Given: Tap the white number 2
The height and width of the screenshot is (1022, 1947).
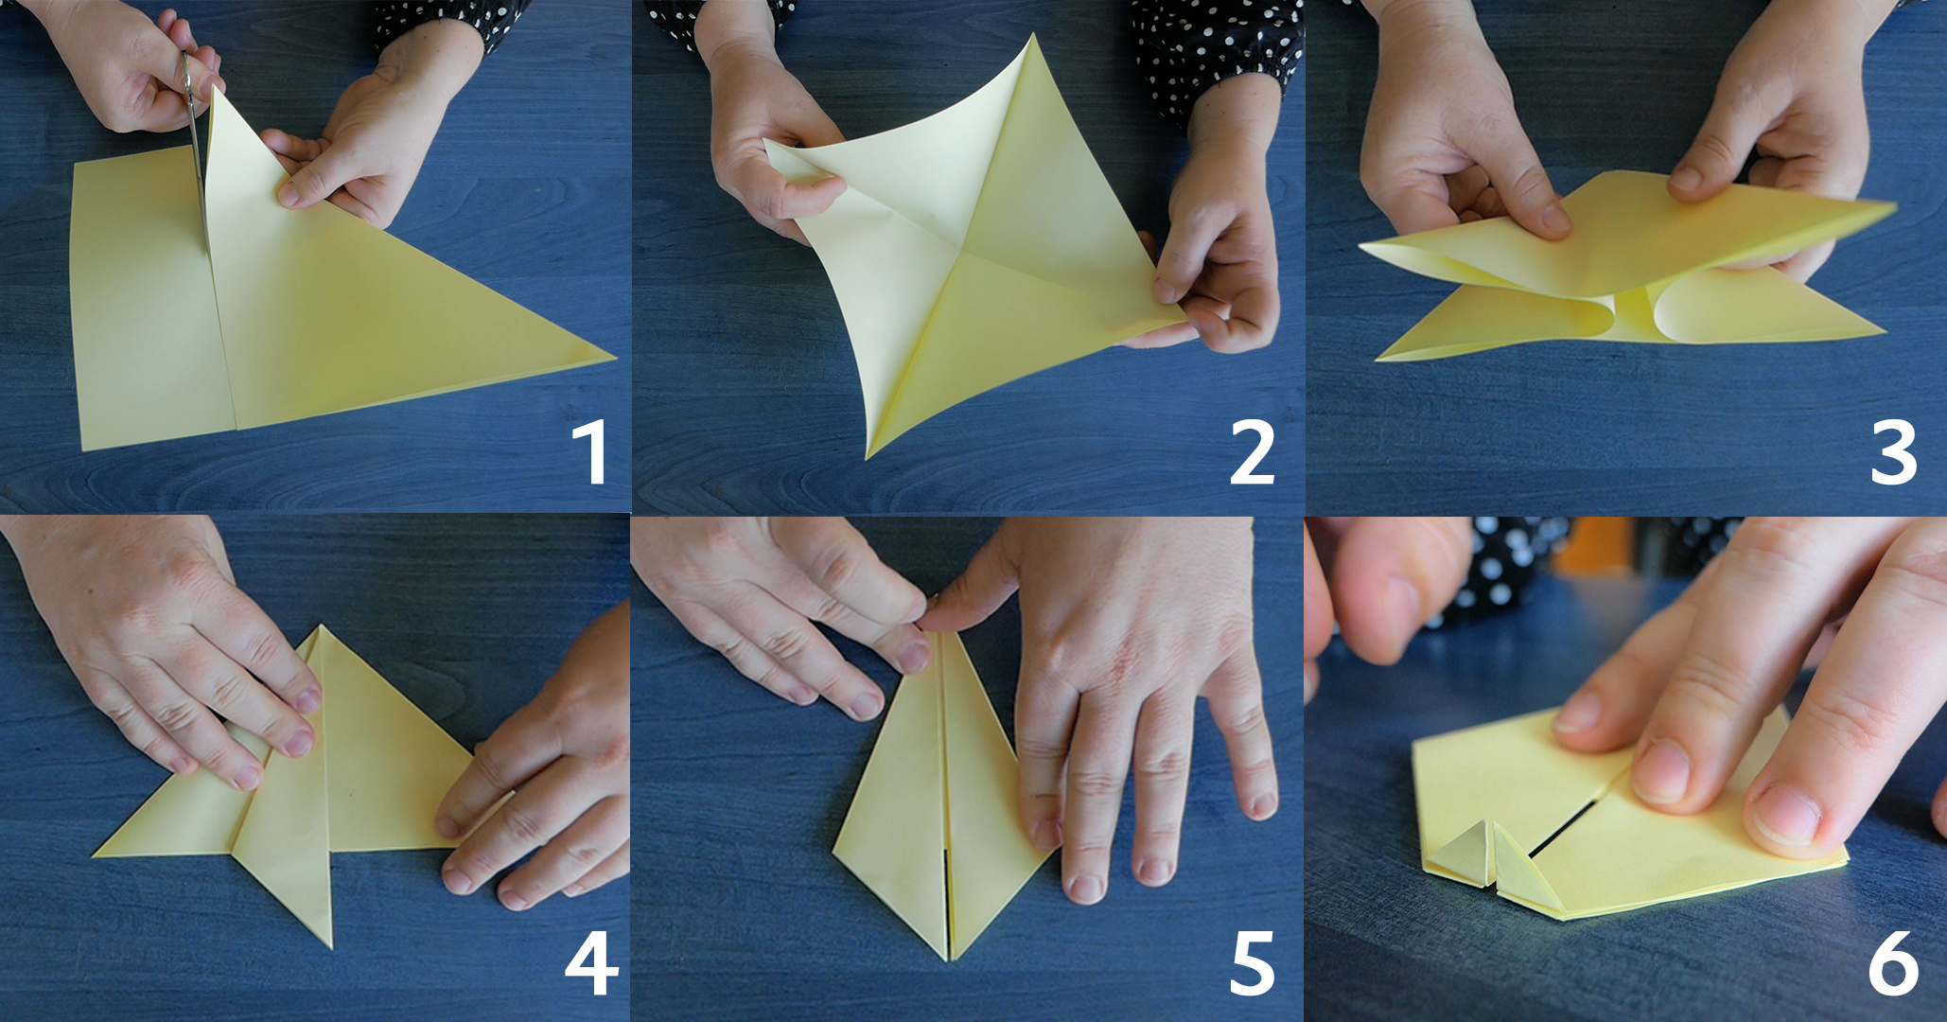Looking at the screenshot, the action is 1252,453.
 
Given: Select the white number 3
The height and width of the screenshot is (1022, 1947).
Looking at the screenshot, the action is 1893,453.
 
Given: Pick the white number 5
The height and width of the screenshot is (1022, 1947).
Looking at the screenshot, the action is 1252,965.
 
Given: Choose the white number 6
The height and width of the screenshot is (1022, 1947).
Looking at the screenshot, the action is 1893,964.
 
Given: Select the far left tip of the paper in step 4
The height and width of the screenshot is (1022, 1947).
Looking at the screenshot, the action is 94,856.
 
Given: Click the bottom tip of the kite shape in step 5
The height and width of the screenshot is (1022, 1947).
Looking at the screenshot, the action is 949,960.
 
